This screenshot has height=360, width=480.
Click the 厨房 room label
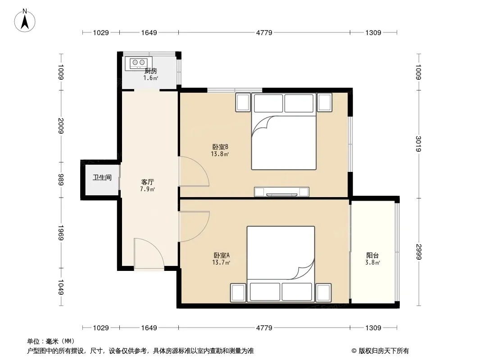[x=150, y=71]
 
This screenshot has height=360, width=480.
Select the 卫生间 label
[x=102, y=177]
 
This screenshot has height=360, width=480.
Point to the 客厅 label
[x=147, y=182]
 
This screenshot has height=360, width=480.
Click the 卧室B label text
[x=220, y=147]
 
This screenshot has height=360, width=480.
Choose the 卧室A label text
[x=222, y=255]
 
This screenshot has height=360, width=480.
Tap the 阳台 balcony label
[x=372, y=256]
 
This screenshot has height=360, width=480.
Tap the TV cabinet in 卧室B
[x=281, y=192]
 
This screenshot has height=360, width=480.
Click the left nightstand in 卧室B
[x=243, y=102]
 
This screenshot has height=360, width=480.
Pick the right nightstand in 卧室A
[x=324, y=292]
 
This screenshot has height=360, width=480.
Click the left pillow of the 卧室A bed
[x=265, y=292]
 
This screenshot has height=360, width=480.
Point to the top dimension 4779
[x=264, y=32]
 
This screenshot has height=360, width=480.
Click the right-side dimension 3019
[x=418, y=144]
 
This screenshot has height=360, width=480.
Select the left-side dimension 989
[x=61, y=180]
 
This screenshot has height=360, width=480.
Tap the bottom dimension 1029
[x=101, y=328]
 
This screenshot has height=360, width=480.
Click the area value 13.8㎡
[x=220, y=154]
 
